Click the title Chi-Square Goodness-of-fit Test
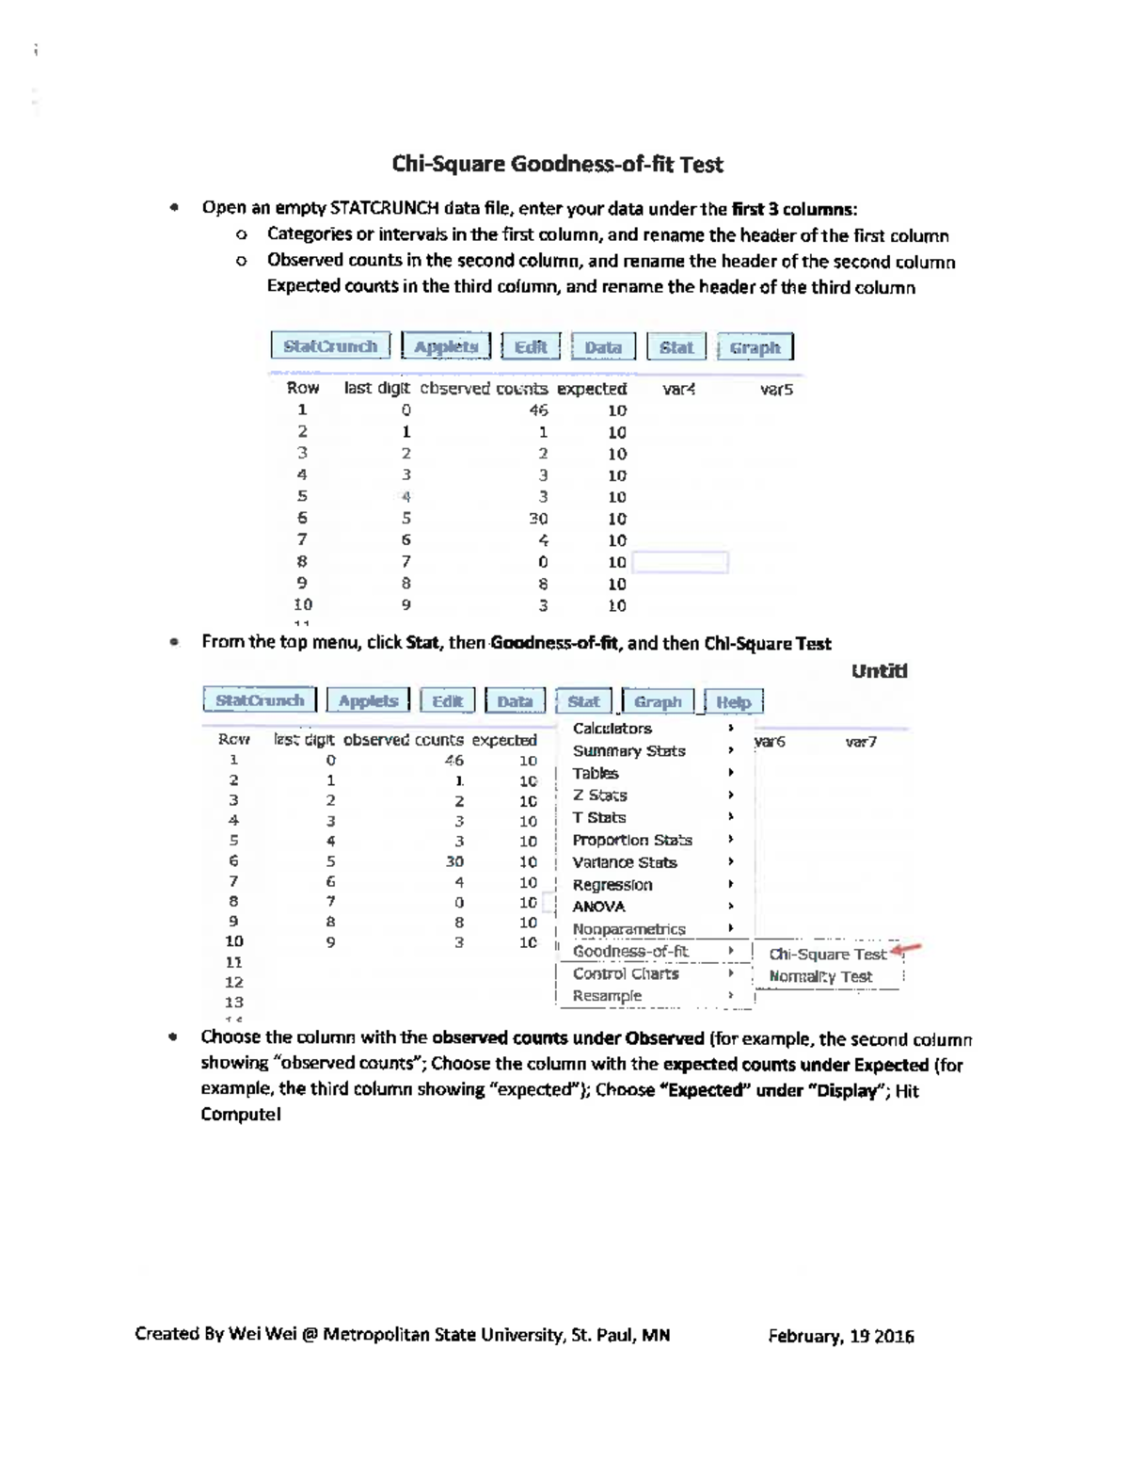[557, 165]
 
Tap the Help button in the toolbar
[733, 701]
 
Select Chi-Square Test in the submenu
[827, 954]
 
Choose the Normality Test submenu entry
[820, 976]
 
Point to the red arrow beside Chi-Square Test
[906, 950]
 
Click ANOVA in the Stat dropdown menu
[598, 907]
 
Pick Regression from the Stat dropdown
[612, 885]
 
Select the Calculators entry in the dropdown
[612, 729]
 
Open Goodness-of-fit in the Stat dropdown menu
[630, 952]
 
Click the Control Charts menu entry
[626, 974]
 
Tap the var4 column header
[678, 389]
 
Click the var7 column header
[861, 742]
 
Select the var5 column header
[776, 389]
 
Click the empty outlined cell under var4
[680, 563]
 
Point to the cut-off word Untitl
[879, 671]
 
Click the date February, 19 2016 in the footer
[840, 1336]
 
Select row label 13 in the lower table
[234, 1003]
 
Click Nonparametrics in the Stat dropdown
[628, 929]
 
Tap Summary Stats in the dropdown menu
[628, 751]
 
